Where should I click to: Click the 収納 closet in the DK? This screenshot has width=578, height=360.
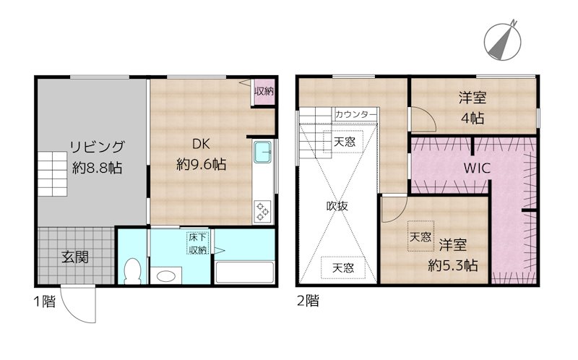pos(264,92)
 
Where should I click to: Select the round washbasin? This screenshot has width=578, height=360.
pos(168,276)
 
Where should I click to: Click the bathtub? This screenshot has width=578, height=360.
pos(244,273)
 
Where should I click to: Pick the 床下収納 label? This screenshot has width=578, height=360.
pos(198,244)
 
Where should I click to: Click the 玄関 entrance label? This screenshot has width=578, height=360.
pos(74,257)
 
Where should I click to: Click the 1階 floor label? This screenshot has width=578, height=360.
pos(44,301)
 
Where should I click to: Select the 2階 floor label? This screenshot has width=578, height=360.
pos(307,301)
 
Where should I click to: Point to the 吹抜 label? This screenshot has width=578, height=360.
pos(337,205)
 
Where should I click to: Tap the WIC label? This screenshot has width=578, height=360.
pos(477,168)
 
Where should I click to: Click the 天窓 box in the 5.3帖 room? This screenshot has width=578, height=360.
pos(420,236)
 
